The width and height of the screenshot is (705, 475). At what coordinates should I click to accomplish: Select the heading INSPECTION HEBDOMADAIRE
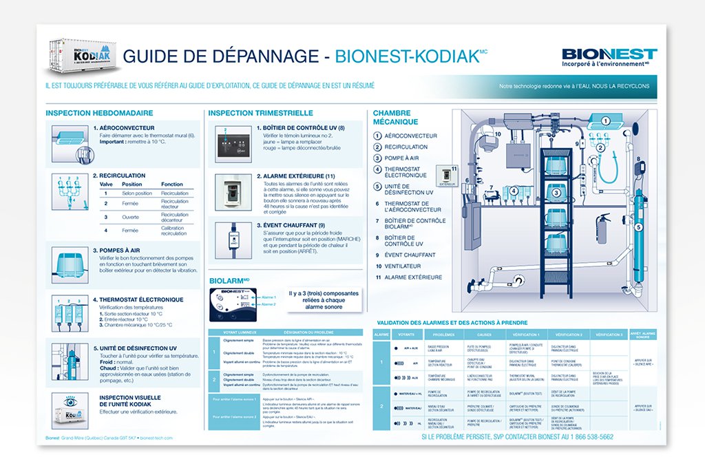tap(99, 113)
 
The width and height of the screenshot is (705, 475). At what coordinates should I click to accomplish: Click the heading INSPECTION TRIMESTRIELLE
tap(261, 113)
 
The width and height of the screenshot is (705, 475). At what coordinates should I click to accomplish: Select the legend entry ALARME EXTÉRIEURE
tap(413, 277)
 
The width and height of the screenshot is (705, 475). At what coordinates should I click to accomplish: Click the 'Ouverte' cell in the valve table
tap(131, 218)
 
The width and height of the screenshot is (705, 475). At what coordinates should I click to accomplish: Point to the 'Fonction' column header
tap(172, 184)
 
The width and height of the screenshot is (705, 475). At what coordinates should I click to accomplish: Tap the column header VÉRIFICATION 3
tap(609, 335)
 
